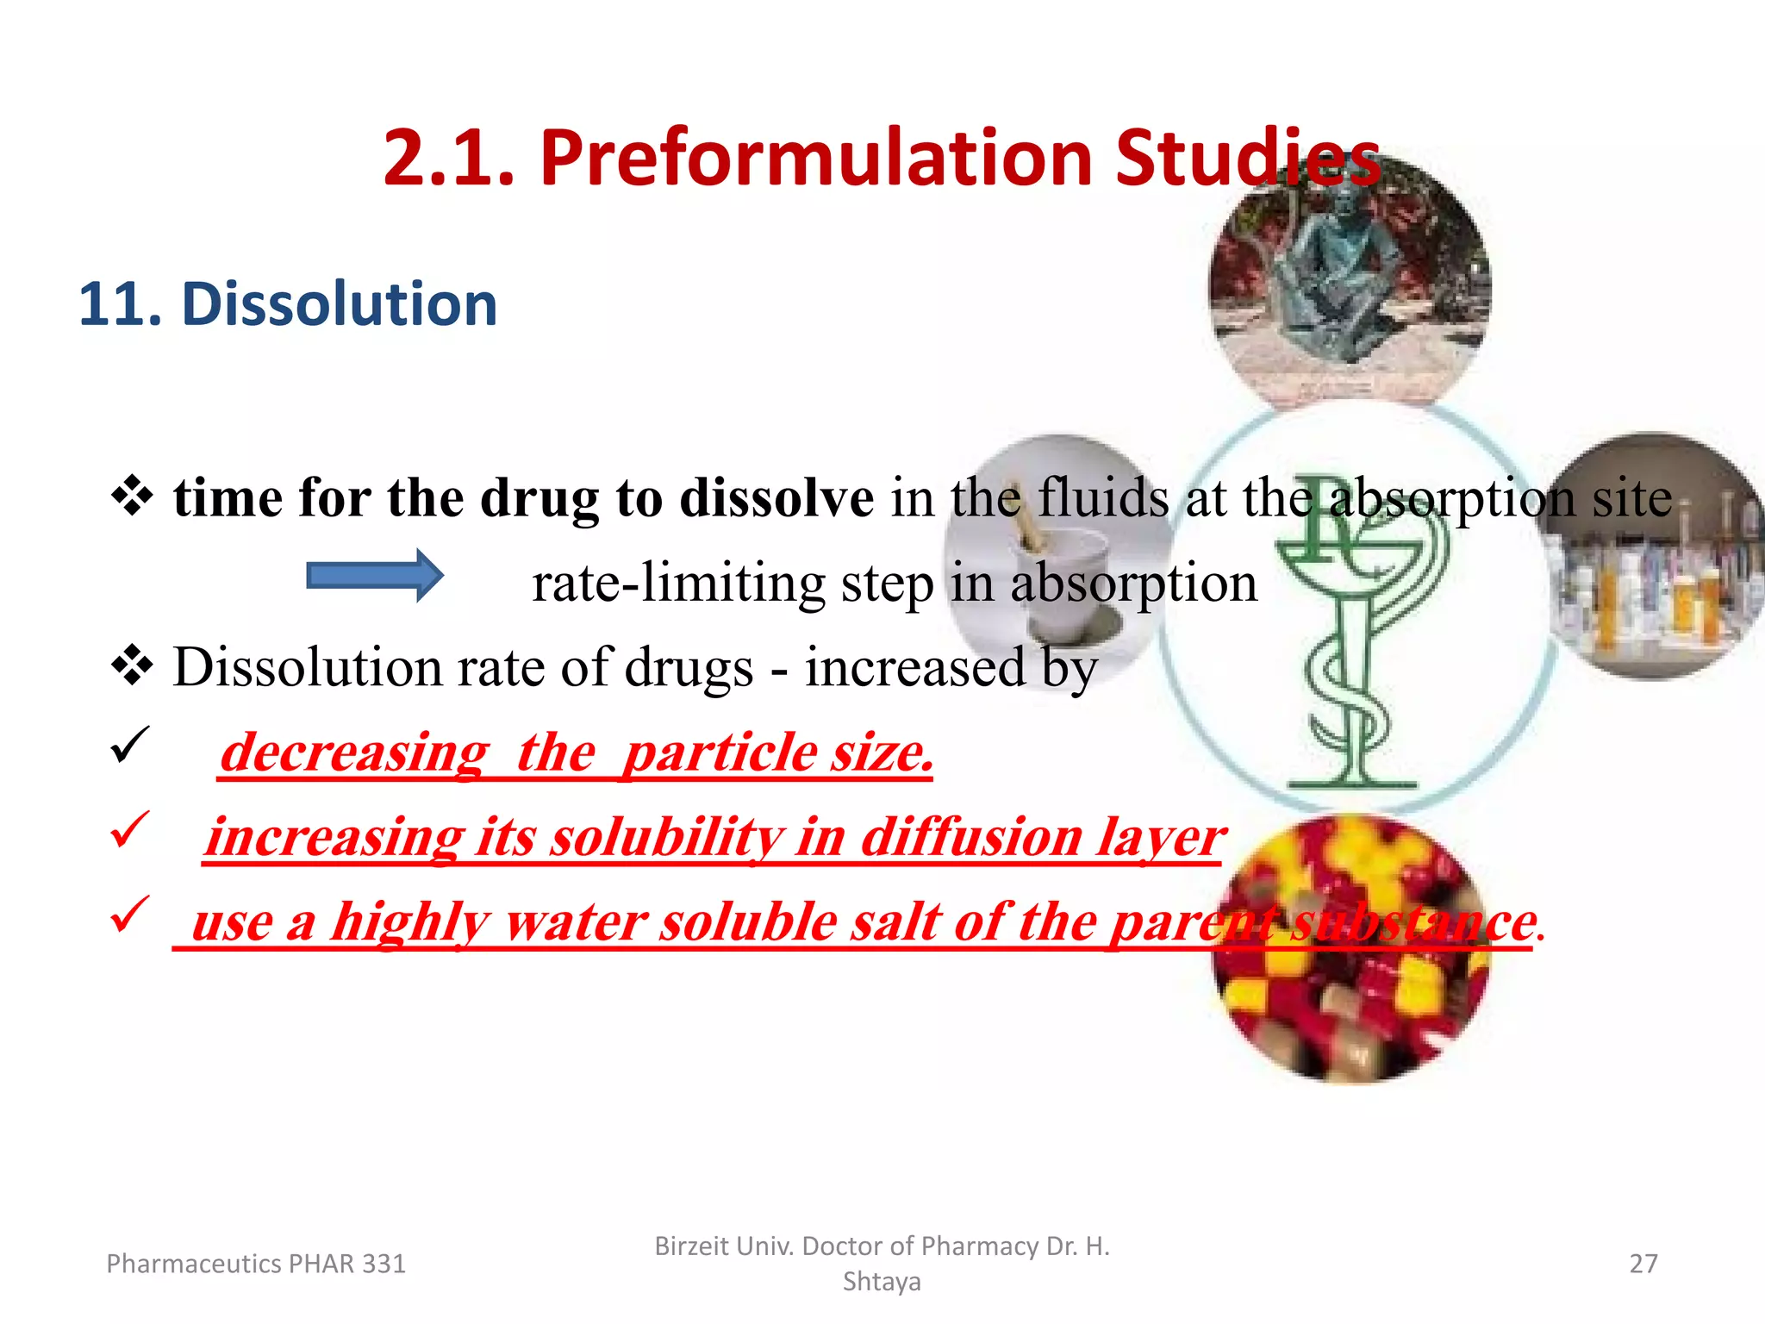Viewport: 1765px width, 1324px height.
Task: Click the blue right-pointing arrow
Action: pyautogui.click(x=375, y=575)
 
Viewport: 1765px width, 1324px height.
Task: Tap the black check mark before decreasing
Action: pyautogui.click(x=130, y=745)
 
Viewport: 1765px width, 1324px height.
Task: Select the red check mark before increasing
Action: pyautogui.click(x=130, y=829)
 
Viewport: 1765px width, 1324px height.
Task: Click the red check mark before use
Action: pyautogui.click(x=130, y=914)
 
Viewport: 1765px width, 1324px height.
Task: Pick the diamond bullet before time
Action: pyautogui.click(x=133, y=496)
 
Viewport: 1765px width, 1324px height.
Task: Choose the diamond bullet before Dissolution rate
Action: pyautogui.click(x=133, y=666)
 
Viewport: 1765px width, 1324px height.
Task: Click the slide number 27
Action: pyautogui.click(x=1643, y=1264)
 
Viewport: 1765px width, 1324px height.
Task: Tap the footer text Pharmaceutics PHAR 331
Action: pyautogui.click(x=255, y=1264)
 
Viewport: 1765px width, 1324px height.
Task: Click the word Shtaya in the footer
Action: pyautogui.click(x=881, y=1282)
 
